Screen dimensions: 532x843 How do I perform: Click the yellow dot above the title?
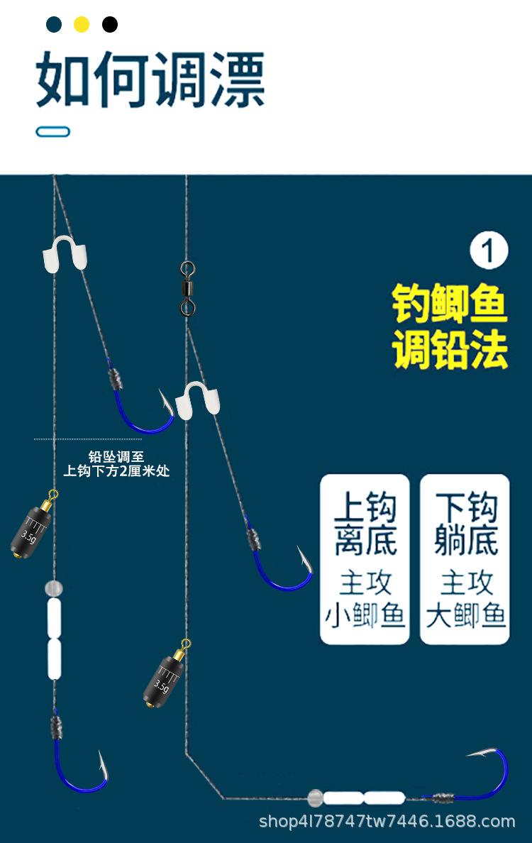82,24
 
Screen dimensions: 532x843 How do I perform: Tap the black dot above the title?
110,24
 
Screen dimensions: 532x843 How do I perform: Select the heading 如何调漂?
150,79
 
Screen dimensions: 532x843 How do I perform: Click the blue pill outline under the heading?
52,132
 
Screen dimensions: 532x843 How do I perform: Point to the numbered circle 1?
489,250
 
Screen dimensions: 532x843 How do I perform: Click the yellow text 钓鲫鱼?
450,303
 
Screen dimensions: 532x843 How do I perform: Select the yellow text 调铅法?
450,349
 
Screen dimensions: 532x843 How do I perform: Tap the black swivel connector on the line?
187,289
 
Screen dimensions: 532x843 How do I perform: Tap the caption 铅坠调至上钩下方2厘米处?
116,464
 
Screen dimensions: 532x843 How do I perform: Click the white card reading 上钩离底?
365,559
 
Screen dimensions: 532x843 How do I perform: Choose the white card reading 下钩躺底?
465,559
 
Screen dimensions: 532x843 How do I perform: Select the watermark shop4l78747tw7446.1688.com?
387,822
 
